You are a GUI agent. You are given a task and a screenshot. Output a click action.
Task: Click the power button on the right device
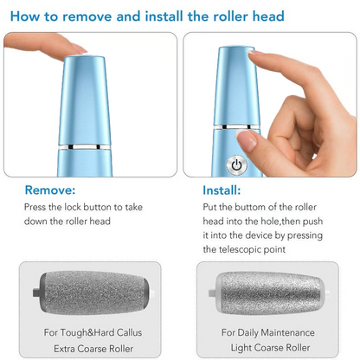tap(236, 164)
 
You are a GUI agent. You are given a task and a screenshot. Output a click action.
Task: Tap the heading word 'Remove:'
tap(50, 190)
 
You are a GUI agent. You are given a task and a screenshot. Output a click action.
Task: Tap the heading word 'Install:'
tap(222, 190)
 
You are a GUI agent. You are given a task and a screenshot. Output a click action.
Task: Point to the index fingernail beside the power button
tap(248, 139)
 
